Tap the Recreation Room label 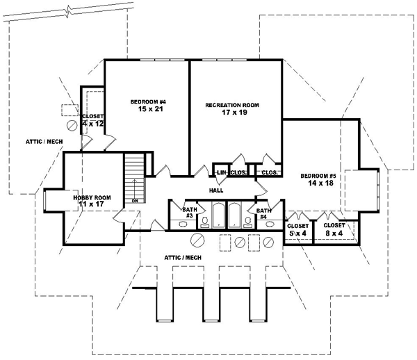(x=231, y=105)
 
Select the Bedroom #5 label (x=318, y=177)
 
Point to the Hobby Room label (x=92, y=198)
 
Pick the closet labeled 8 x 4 (x=334, y=229)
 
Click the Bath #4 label (x=263, y=212)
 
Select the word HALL (x=215, y=190)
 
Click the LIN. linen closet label (x=221, y=172)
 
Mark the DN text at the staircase (x=135, y=201)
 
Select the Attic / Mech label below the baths (x=182, y=257)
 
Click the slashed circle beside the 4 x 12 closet (x=71, y=126)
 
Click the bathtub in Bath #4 (x=234, y=215)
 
